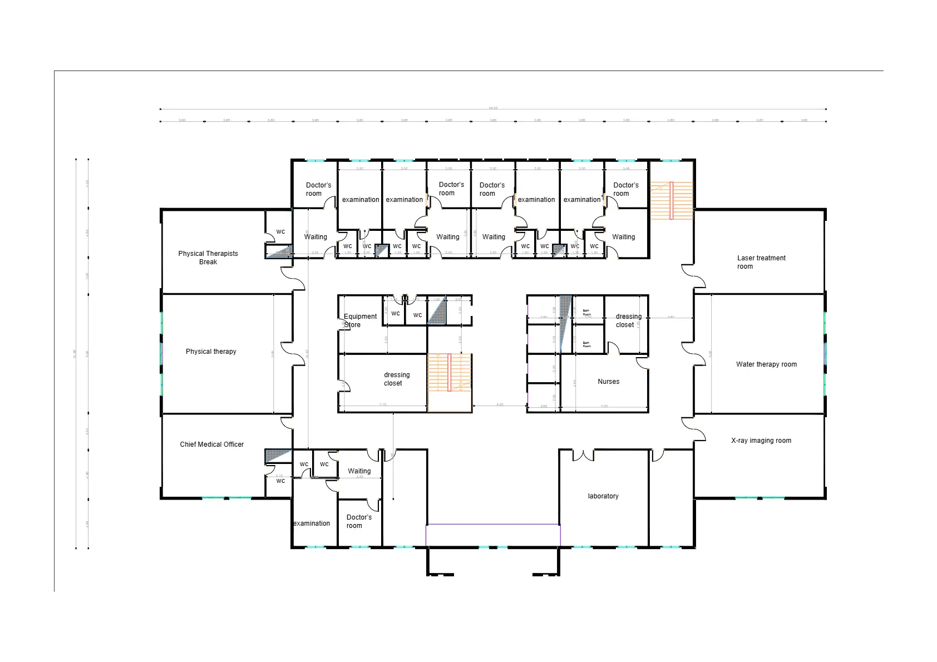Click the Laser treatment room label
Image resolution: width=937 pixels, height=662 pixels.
tap(761, 262)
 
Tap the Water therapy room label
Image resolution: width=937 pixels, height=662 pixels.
tap(766, 364)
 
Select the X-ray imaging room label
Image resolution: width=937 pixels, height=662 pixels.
tap(761, 441)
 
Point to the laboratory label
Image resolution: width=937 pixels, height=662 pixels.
tap(603, 496)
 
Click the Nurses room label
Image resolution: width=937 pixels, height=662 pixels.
tap(608, 382)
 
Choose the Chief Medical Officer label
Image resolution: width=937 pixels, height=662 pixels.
tap(211, 444)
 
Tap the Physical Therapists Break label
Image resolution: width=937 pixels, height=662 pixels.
tap(208, 258)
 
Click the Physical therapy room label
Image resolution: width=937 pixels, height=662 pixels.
tap(211, 352)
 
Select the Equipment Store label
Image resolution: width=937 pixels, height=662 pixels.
tap(359, 320)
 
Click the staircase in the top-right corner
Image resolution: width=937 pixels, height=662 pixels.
tap(671, 200)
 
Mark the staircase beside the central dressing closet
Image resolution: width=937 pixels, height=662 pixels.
tap(449, 373)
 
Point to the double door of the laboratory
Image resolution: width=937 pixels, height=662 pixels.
tap(583, 456)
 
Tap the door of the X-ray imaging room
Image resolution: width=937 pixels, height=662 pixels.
tap(693, 429)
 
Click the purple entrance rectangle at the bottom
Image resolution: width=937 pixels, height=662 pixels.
tap(493, 535)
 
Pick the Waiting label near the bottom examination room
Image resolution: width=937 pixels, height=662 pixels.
tap(359, 471)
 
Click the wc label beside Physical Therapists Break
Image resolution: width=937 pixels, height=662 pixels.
tap(280, 232)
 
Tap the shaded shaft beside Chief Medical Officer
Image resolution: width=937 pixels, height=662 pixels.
tap(278, 456)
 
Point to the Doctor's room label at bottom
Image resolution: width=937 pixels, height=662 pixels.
tap(358, 521)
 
